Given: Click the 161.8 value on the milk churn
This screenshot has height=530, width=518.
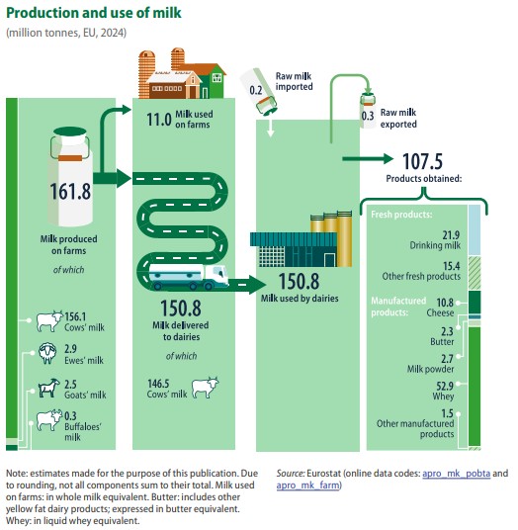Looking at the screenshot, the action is coord(70,191).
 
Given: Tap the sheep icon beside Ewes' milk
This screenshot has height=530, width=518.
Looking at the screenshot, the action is coord(47,353).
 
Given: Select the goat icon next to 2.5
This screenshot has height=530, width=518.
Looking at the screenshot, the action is coord(49,388).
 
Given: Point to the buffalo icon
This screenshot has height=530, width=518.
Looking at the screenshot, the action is coord(49,420).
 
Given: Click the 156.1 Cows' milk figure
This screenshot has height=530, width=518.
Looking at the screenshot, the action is coord(75,316).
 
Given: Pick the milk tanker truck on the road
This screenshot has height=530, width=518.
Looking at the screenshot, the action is coord(188,277).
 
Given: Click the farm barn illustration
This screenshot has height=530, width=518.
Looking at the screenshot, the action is coord(182,73).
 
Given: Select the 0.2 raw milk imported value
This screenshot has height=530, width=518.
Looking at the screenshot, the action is coord(256,90).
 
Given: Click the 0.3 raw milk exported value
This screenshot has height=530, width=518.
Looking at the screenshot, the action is coord(368,116).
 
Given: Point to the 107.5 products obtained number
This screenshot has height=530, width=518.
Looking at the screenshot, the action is coord(422,161).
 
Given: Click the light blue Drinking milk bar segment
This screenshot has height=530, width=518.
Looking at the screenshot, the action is coord(475,229).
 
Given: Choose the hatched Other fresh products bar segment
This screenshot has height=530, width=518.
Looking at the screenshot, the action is coord(475,273).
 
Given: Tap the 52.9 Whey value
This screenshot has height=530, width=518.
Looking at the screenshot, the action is coord(445,386).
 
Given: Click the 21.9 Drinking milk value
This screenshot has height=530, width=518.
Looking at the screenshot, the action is coord(452,235).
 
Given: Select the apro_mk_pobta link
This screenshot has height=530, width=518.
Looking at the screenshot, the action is coord(456,474).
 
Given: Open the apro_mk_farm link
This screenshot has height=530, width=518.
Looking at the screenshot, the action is coord(307,486).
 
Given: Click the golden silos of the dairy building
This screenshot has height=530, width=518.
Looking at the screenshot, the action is coord(331,238).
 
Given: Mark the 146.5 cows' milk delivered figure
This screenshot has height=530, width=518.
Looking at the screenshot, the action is coord(158,384).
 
